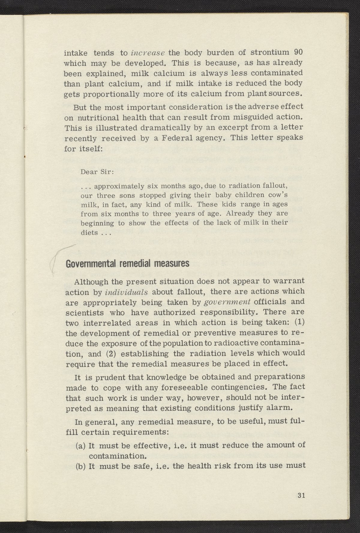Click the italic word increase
[x=147, y=53]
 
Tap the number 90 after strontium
[x=298, y=52]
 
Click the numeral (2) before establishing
[x=111, y=354]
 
